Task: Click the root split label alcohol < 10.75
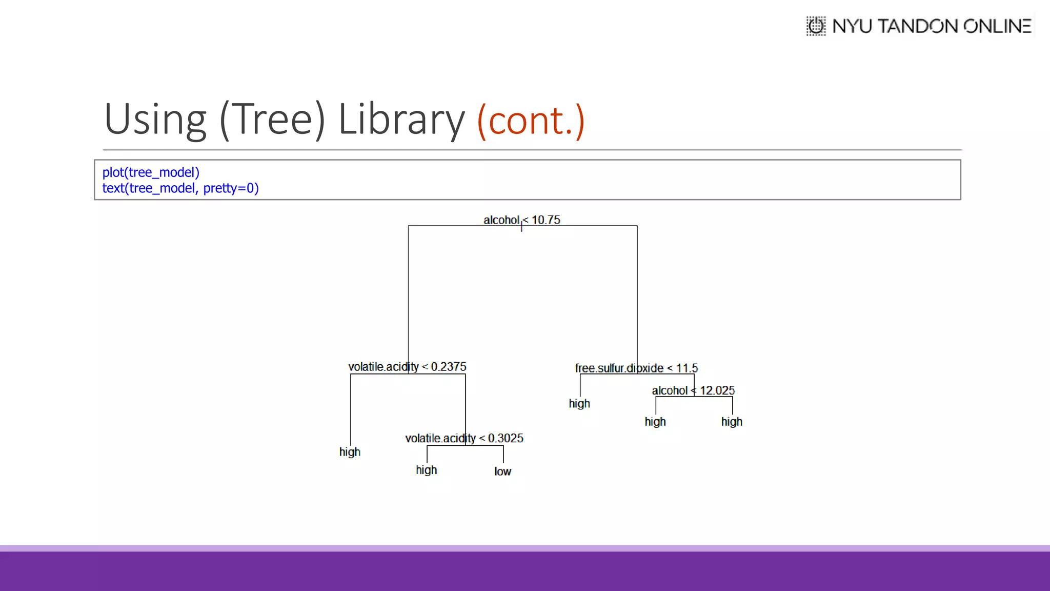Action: [521, 220]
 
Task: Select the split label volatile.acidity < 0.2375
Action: [407, 367]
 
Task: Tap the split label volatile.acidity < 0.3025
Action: [464, 439]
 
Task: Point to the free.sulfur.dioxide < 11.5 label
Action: [636, 368]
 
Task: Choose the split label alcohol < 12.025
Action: [693, 390]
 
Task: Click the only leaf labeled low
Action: [502, 471]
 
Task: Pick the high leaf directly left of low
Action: [426, 470]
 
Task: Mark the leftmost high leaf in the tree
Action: [350, 452]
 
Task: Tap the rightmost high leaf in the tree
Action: [732, 422]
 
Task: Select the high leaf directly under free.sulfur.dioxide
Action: [579, 404]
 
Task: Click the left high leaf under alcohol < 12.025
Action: [655, 422]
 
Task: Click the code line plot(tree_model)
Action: [151, 172]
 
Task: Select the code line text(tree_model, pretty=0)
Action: [180, 188]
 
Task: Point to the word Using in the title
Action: [155, 120]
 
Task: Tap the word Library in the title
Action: [401, 120]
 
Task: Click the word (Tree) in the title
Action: [272, 120]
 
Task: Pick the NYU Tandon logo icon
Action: [816, 26]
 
